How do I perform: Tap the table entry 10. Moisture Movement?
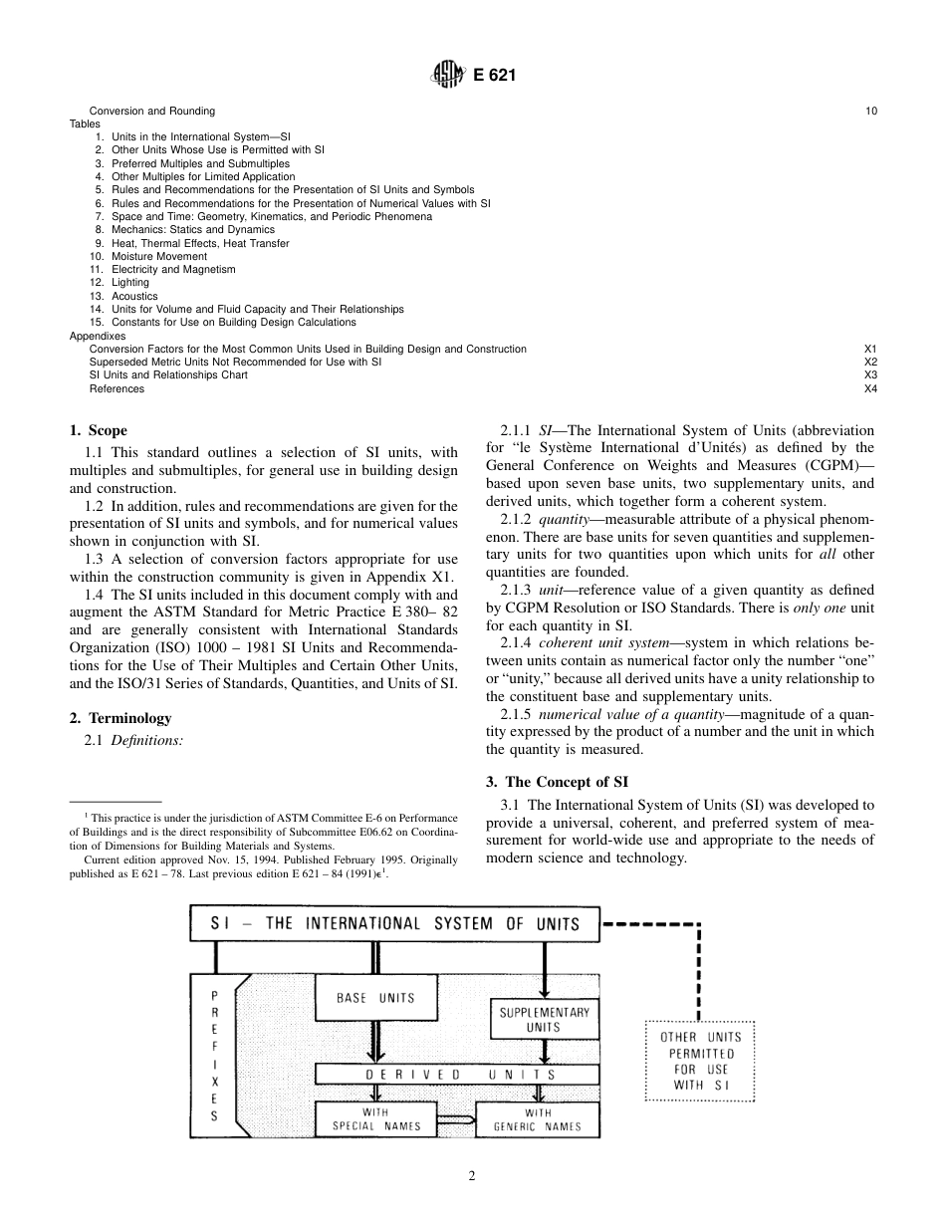click(148, 257)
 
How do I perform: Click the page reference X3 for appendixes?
click(870, 375)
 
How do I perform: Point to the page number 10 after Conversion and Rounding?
click(871, 111)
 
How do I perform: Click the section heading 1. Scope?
click(99, 431)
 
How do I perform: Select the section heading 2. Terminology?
click(120, 718)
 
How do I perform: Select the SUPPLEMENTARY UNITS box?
click(544, 1019)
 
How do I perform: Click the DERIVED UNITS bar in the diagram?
click(457, 1075)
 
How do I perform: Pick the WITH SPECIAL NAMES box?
click(375, 1119)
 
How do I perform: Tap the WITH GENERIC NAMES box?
click(537, 1119)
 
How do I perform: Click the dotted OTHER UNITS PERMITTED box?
click(701, 1060)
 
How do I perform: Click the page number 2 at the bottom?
click(472, 1176)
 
